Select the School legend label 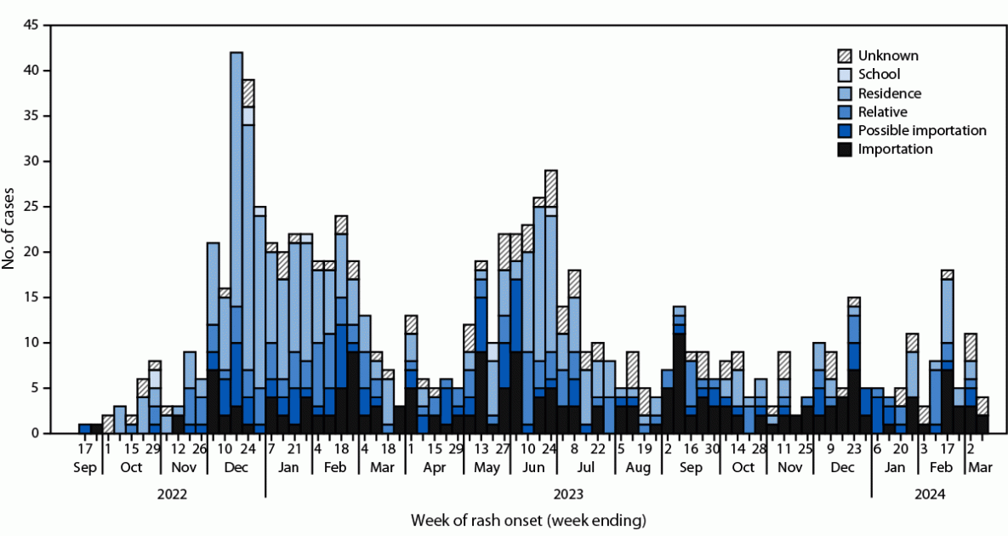pos(879,75)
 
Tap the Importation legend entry pos(895,149)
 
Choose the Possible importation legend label pos(922,130)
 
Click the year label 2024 pos(929,493)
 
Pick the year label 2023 pos(568,493)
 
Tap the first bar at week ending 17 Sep pos(84,429)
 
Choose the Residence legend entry pos(888,94)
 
